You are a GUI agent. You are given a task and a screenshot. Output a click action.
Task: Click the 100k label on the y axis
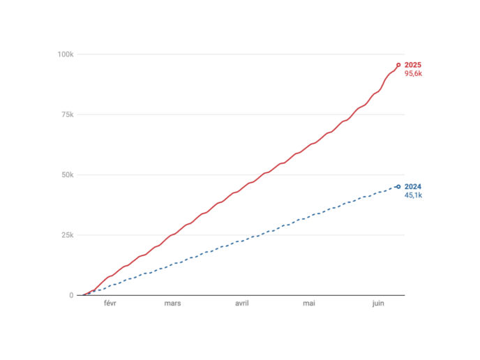point(66,54)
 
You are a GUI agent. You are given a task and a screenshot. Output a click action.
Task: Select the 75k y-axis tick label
point(67,114)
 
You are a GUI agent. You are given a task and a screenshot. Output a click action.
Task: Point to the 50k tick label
point(67,174)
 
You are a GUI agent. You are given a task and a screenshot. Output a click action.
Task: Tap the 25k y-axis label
point(67,235)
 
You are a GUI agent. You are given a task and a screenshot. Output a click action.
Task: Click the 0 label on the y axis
point(70,295)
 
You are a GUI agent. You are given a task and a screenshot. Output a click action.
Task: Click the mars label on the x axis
point(173,303)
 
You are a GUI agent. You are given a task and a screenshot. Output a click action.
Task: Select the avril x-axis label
point(242,303)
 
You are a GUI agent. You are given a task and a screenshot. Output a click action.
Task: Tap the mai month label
point(309,303)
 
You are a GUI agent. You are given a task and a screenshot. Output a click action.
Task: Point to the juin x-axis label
point(378,303)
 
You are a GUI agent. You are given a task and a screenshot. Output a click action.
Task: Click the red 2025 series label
point(413,65)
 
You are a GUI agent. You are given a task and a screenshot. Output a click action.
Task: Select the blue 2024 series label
point(413,186)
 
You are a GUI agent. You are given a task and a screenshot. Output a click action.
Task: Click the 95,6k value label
point(414,74)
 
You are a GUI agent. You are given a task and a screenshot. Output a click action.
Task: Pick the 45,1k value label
point(414,195)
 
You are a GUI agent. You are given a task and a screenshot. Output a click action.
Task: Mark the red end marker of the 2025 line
point(398,65)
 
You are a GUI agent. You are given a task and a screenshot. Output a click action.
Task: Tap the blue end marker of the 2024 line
point(398,186)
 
